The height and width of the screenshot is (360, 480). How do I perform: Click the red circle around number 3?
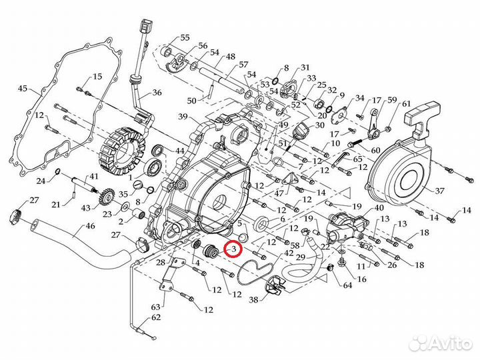233,249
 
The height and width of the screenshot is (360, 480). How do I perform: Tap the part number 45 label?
23,89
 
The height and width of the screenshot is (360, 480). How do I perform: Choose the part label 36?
157,93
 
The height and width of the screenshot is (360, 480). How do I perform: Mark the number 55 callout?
185,37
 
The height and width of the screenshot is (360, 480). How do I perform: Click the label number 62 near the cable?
157,317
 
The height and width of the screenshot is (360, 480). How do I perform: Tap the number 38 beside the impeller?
253,300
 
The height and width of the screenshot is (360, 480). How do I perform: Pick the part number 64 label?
347,286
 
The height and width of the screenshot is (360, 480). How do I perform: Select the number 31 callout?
305,68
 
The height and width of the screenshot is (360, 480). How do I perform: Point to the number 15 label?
97,77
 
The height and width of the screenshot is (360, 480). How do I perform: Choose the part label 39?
183,117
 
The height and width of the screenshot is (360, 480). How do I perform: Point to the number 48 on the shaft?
231,57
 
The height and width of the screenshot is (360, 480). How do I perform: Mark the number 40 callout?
379,208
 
